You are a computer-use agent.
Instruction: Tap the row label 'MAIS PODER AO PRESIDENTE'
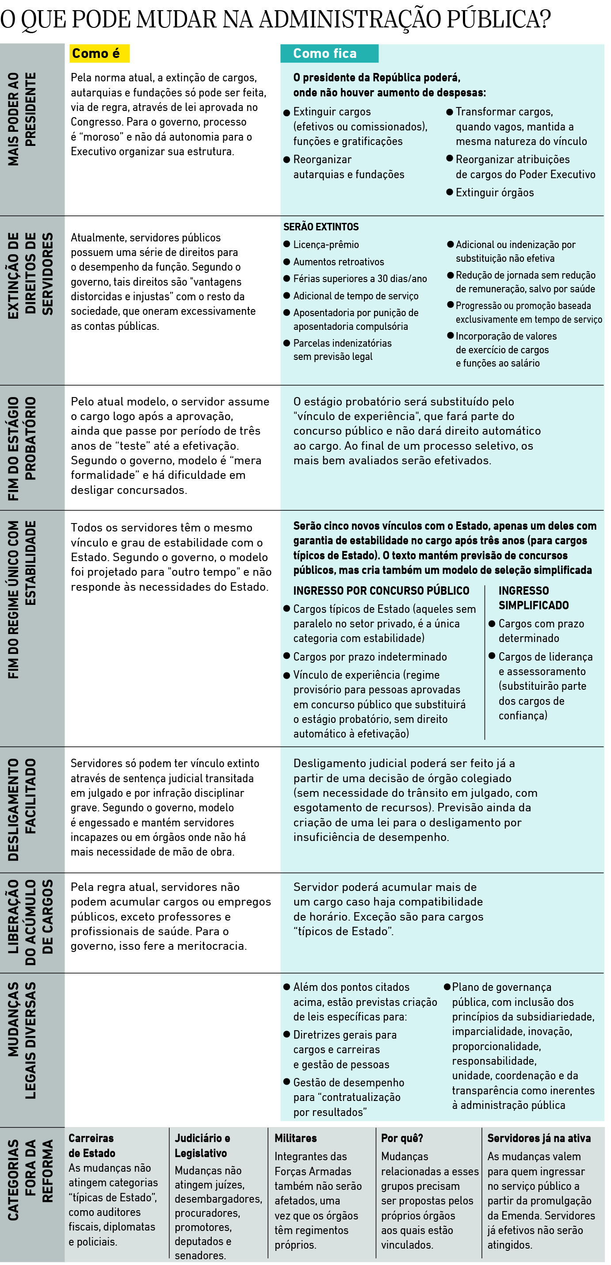point(22,119)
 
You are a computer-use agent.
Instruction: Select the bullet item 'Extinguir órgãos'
point(494,192)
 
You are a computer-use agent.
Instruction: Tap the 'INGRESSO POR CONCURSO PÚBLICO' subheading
point(381,591)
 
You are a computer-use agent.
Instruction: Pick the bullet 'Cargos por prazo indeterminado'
point(370,657)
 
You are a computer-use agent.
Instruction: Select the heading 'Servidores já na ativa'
point(539,1138)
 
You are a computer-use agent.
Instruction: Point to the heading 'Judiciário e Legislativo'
point(202,1145)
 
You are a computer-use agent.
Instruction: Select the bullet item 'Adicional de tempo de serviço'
point(355,296)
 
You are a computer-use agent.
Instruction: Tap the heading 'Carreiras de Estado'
point(92,1145)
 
